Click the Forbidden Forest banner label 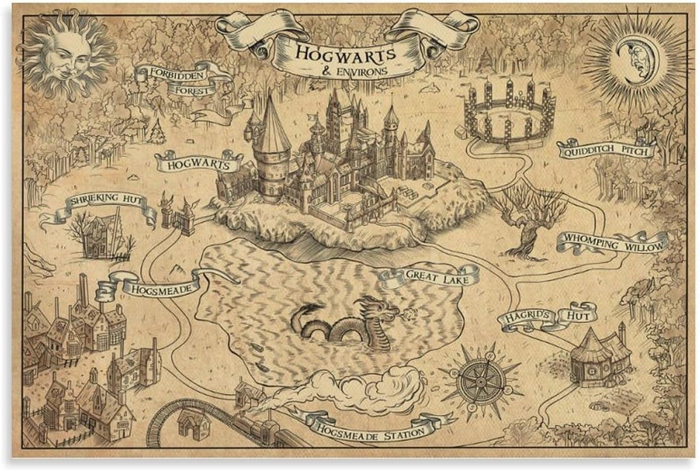[182, 80]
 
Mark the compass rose [479, 375]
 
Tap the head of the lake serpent [387, 310]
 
